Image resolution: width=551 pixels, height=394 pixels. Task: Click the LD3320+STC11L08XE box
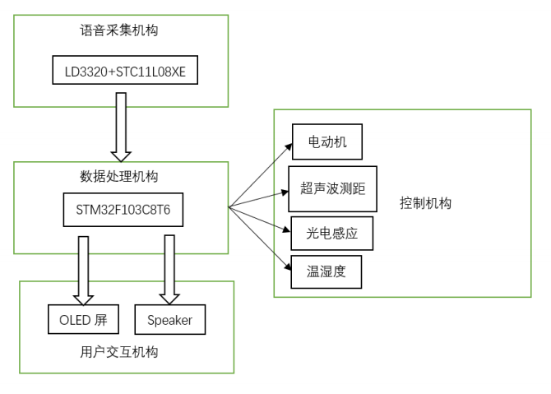tap(125, 71)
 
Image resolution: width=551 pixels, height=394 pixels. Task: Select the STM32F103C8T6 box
tap(123, 209)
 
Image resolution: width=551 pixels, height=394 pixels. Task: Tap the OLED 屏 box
tap(84, 320)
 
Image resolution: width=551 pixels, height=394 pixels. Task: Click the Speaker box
tap(169, 320)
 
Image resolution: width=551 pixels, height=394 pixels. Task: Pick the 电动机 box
tap(326, 141)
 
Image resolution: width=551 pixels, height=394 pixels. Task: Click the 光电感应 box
tap(332, 234)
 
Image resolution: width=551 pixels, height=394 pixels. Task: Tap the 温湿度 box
tap(326, 272)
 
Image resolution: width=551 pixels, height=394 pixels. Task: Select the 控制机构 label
tap(425, 203)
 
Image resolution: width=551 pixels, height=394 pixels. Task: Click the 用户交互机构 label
tap(119, 352)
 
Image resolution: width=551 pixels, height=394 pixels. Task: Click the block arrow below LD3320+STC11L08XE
tap(121, 127)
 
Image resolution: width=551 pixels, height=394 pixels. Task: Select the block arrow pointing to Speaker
tap(170, 270)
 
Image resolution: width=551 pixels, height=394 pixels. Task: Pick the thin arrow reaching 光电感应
tap(260, 219)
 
